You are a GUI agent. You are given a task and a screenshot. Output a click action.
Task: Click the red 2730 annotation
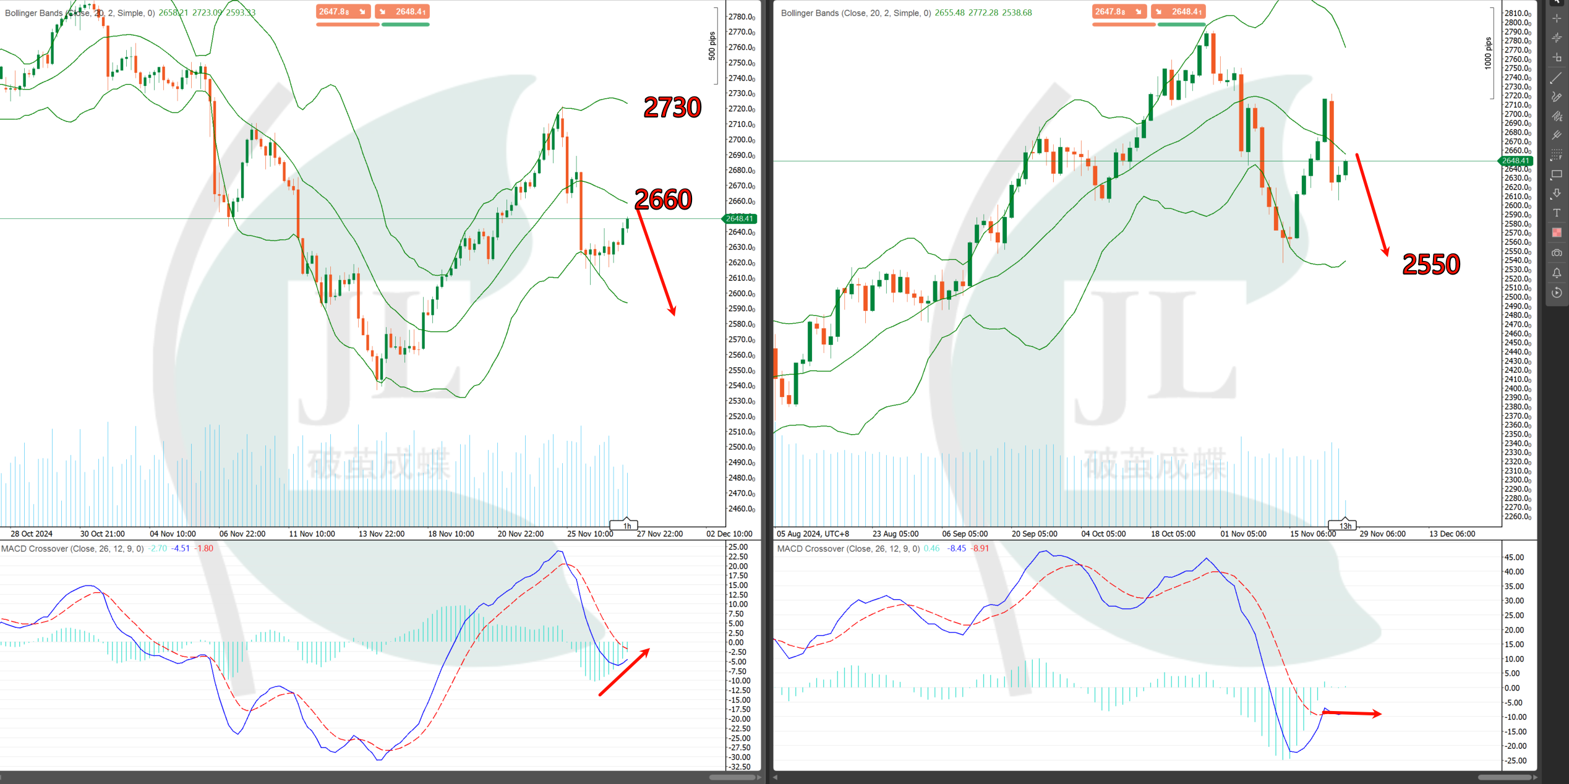tap(672, 108)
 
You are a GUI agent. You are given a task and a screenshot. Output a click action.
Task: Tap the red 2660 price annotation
tap(663, 200)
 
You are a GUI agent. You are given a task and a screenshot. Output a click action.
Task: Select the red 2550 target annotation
tap(1430, 265)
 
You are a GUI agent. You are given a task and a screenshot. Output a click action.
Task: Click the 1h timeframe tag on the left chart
tap(626, 526)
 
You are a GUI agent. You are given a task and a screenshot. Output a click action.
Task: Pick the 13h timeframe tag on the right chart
tap(1345, 526)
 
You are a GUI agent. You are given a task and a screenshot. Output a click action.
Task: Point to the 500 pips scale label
tap(712, 46)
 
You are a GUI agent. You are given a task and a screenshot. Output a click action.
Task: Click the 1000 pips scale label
tap(1488, 53)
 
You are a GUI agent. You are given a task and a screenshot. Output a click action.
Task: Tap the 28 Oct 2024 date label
tap(32, 534)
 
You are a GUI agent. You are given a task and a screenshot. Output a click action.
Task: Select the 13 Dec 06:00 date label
tap(1451, 534)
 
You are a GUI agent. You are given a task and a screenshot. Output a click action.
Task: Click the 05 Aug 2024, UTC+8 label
tap(813, 534)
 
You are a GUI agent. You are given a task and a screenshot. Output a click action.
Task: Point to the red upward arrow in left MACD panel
tap(625, 671)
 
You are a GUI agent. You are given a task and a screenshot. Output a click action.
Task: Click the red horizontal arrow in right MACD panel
tap(1351, 714)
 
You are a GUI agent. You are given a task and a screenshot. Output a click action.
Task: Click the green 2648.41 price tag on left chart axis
tap(740, 219)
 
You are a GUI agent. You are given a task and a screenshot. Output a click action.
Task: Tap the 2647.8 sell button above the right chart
tap(1119, 12)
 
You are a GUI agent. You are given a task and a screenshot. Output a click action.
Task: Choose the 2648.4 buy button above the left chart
tap(403, 12)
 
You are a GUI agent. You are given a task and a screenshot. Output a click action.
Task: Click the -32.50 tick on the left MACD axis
tap(739, 767)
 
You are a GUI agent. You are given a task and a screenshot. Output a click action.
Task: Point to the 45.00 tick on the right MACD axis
tap(1514, 557)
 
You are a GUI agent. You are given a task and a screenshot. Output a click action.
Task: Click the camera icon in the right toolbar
tap(1557, 253)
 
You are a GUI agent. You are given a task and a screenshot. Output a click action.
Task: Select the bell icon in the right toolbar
tap(1557, 273)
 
